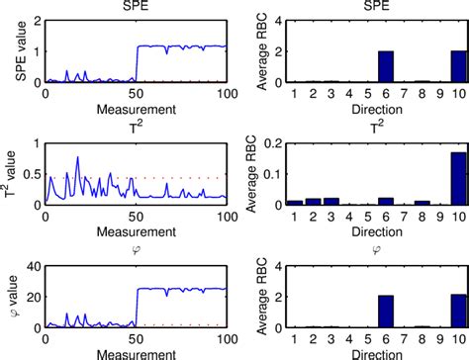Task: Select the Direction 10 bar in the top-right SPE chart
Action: pos(457,66)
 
